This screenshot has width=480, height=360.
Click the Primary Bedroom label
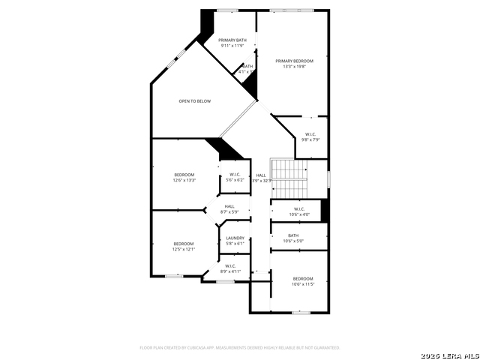(294, 61)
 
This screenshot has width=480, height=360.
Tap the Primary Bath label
(232, 40)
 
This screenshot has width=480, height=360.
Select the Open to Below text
(194, 100)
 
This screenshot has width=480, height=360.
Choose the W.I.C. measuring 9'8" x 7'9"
(310, 134)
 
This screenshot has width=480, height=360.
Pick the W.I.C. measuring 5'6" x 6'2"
(235, 175)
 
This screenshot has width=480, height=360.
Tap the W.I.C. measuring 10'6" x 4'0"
(298, 209)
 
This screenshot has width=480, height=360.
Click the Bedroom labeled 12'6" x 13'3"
(184, 175)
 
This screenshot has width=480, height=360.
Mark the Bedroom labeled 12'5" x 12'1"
(184, 244)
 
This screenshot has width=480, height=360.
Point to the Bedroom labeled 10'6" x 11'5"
(303, 279)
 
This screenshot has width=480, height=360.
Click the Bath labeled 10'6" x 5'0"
(293, 235)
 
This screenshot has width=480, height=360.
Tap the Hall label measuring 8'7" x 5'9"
(229, 206)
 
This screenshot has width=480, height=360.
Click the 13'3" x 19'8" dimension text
(294, 66)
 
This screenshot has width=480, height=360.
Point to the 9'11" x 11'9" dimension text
(232, 46)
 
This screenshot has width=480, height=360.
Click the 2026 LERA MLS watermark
(449, 354)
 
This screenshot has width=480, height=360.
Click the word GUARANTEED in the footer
(324, 348)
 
